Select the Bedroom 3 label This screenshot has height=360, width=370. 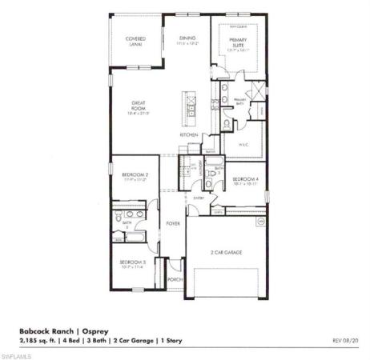pyautogui.click(x=132, y=263)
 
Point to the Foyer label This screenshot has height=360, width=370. pyautogui.click(x=171, y=224)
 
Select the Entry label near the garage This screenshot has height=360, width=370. pyautogui.click(x=199, y=197)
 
